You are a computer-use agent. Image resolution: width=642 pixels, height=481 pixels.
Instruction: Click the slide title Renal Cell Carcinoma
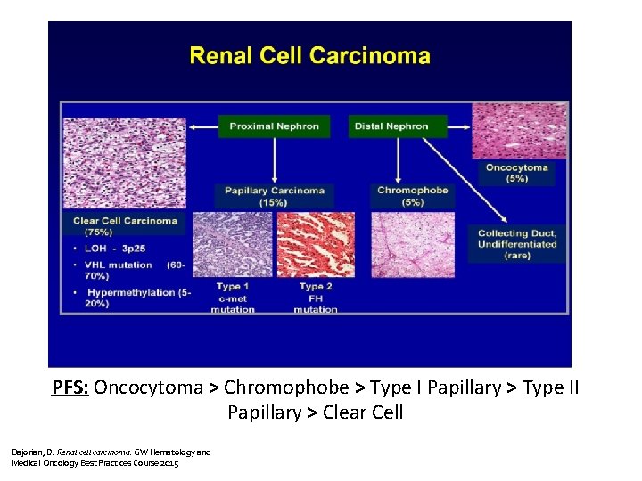point(310,57)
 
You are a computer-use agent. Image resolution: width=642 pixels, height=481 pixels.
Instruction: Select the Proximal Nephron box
point(274,126)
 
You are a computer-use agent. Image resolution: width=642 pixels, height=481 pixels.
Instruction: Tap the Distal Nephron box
point(391,126)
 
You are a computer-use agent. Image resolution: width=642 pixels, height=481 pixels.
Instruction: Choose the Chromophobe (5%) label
point(412,196)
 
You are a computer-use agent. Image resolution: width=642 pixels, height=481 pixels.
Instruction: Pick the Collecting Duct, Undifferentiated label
point(517,244)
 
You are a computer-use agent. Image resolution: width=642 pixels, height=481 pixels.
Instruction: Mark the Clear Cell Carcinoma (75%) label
point(125,225)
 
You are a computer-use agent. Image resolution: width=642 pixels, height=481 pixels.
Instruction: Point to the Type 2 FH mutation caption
point(316,298)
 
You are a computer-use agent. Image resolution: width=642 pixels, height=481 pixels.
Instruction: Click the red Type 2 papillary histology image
point(316,244)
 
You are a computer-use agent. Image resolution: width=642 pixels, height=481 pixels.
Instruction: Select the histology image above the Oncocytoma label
point(518,131)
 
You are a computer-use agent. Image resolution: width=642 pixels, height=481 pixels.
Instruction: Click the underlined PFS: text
point(70,387)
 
